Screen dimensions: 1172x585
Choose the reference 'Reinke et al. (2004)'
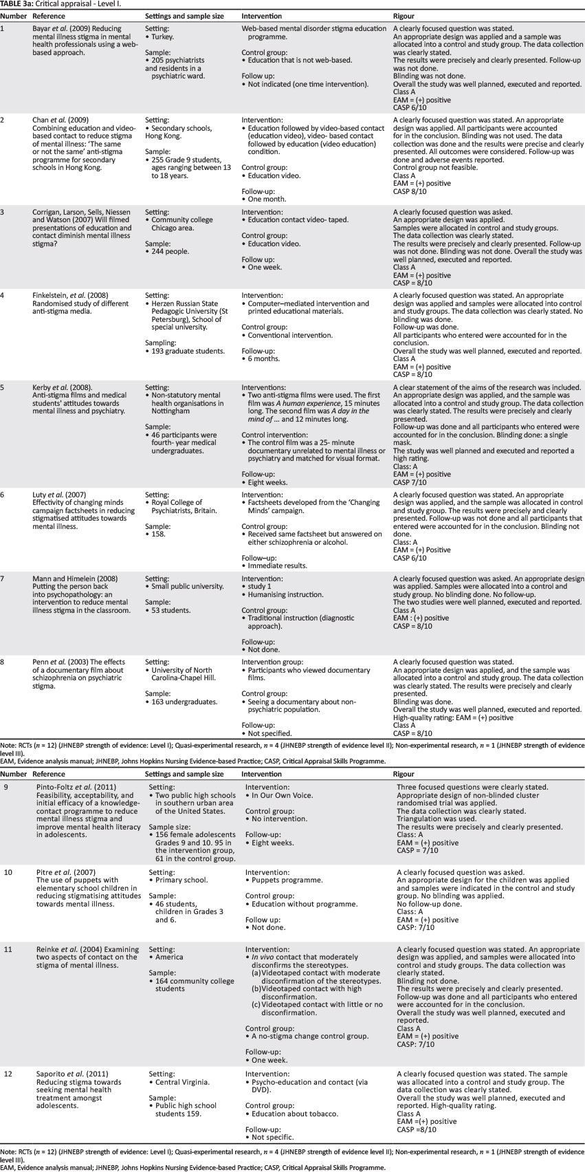87,949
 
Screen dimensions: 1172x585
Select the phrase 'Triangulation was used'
435,819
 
